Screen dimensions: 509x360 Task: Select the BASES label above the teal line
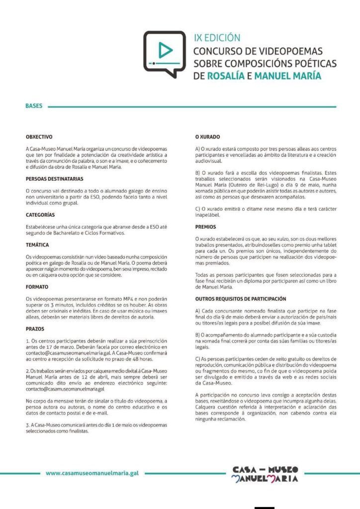point(34,106)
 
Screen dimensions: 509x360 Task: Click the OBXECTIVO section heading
point(39,136)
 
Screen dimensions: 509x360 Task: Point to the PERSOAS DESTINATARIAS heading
point(54,178)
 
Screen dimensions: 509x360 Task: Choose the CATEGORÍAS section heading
point(40,215)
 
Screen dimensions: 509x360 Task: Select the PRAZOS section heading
point(35,329)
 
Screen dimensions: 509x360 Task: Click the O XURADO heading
point(207,136)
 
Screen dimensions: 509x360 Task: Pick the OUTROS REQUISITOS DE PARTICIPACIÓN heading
point(241,299)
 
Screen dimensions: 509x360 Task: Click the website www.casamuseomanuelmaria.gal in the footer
point(92,474)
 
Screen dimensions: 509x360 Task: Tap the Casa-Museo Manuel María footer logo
point(265,474)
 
